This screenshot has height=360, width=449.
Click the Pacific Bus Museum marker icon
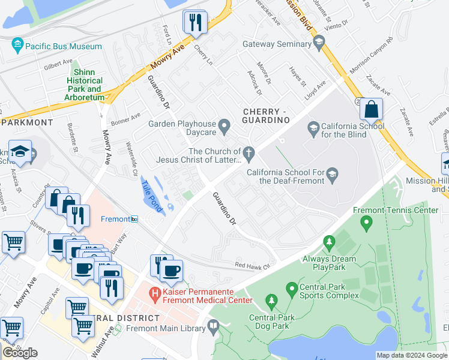[x=17, y=46]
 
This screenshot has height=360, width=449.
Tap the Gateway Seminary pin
[x=319, y=43]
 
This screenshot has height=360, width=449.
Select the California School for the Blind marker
[x=313, y=127]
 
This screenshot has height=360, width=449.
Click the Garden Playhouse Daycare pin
[x=224, y=126]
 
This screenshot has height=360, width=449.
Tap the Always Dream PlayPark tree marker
[x=328, y=243]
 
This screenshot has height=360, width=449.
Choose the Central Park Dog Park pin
[x=271, y=300]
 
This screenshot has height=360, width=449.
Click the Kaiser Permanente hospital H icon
[x=155, y=294]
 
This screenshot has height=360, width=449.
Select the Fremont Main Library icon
[x=212, y=327]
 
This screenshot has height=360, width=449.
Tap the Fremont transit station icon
[x=136, y=219]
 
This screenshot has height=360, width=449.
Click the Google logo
[x=20, y=353]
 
